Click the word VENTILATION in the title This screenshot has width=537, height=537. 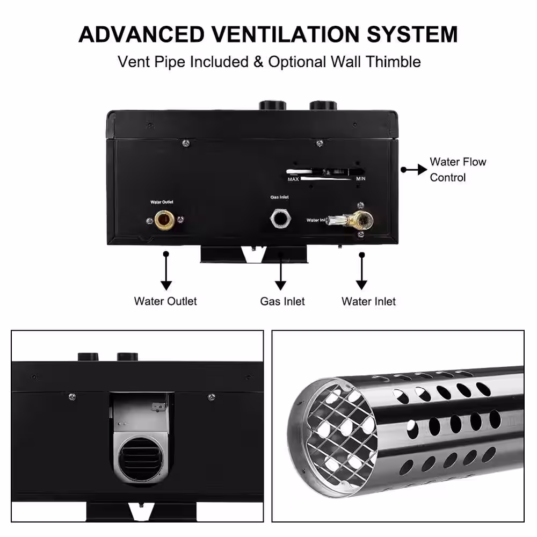[x=285, y=34]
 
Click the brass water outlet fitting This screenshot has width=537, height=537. [x=164, y=220]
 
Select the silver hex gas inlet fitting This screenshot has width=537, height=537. [x=280, y=219]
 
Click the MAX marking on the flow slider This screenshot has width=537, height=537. [x=293, y=179]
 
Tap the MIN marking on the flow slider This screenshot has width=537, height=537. [x=361, y=178]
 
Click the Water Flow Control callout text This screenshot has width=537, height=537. [x=458, y=170]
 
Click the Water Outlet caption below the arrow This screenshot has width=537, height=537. [x=165, y=301]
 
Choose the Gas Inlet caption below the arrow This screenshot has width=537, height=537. [x=282, y=301]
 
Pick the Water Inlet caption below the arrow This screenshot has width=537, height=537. [x=368, y=301]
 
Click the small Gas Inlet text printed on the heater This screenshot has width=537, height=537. [x=279, y=197]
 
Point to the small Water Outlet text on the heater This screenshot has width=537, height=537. [x=162, y=202]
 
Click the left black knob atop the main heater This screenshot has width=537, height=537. [x=273, y=105]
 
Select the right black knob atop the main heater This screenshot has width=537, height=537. [x=323, y=105]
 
